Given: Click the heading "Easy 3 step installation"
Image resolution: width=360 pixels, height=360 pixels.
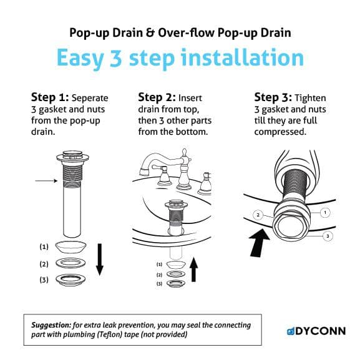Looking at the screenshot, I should coord(180,58).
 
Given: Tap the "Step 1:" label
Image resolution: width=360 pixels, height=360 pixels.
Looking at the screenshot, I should coord(50,97).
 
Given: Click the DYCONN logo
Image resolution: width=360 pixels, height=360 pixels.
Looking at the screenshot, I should coord(315,330).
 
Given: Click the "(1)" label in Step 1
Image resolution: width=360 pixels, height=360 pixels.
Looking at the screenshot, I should coord(44,246).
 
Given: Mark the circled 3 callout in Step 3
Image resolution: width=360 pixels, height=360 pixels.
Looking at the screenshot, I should coord(327,236).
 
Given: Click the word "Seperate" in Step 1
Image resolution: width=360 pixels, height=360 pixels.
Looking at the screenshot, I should coord(90,98).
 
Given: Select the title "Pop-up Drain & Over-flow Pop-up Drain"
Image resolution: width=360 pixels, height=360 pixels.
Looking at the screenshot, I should coord(180,32).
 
